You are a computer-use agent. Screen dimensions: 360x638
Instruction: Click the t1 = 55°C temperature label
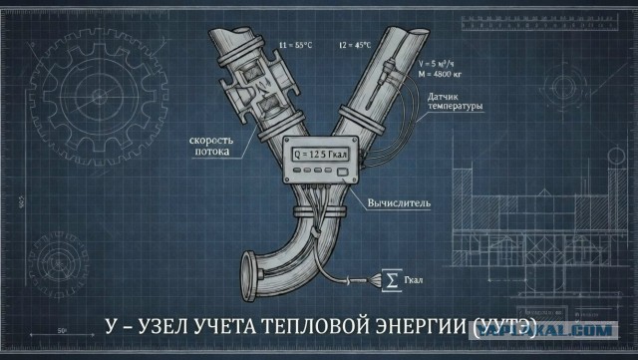[x=298, y=45]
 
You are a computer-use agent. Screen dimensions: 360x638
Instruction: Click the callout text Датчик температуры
[x=454, y=101]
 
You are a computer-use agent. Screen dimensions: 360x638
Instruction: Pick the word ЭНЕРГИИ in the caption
[x=416, y=326]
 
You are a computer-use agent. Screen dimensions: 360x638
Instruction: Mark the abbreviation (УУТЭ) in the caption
[x=503, y=326]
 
